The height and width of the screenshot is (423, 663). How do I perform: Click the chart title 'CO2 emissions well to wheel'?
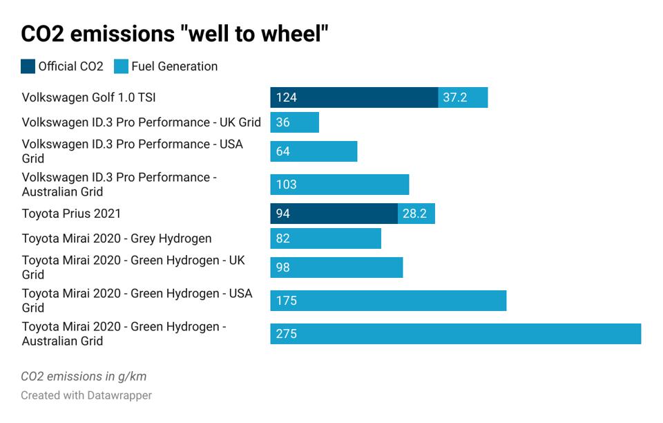pos(174,35)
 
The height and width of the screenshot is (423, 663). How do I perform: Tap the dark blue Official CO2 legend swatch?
pos(28,67)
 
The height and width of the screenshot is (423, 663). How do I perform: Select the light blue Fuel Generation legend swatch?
pos(122,67)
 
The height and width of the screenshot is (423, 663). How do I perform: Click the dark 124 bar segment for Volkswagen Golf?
pos(354,97)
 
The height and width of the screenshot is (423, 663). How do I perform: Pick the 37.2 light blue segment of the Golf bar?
pos(463,97)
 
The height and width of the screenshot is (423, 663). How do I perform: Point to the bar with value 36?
pos(294,122)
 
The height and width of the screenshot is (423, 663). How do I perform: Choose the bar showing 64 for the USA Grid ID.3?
pos(314,151)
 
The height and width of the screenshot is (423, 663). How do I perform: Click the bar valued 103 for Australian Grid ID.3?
pos(339,185)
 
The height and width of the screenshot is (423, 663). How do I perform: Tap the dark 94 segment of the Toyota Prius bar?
pos(334,214)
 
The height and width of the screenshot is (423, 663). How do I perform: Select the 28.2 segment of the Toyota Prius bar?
pos(416,214)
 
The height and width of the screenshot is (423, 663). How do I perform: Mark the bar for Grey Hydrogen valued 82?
pos(325,238)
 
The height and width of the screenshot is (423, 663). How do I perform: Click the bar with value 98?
pos(336,267)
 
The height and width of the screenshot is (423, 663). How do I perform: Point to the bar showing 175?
pos(388,301)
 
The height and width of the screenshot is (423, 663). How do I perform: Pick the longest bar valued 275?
pos(455,334)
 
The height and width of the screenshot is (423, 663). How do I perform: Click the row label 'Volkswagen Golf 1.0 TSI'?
pos(84,97)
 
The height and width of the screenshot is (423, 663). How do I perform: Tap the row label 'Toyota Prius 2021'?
pos(71,214)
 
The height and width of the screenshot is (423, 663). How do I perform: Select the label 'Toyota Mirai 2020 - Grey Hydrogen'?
pos(117,238)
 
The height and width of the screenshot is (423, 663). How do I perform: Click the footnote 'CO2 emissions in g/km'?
pos(84,377)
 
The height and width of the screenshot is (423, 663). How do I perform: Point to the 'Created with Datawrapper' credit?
pos(86,395)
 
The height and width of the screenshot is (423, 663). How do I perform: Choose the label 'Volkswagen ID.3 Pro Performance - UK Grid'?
pos(141,122)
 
